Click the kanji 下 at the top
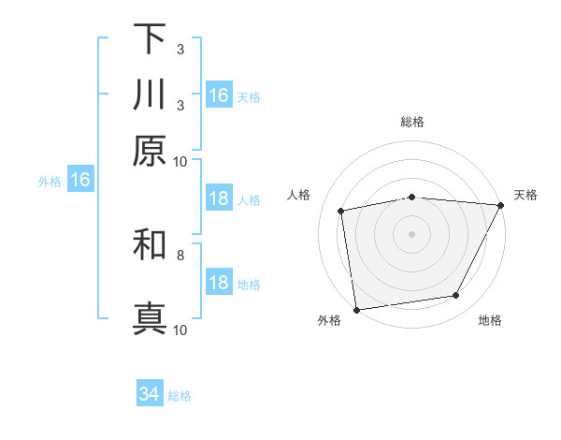pyautogui.click(x=150, y=38)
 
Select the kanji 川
pyautogui.click(x=150, y=95)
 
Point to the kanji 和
pyautogui.click(x=150, y=245)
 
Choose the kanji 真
pyautogui.click(x=150, y=316)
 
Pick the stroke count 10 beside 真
pyautogui.click(x=180, y=330)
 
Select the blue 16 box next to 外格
pyautogui.click(x=80, y=181)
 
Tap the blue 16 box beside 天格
pyautogui.click(x=219, y=95)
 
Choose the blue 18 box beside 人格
pyautogui.click(x=219, y=199)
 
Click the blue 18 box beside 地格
pyautogui.click(x=219, y=284)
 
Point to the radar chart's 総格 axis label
pyautogui.click(x=412, y=122)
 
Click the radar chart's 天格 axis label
pyautogui.click(x=525, y=195)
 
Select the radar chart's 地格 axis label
pyautogui.click(x=490, y=320)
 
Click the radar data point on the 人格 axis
pyautogui.click(x=341, y=211)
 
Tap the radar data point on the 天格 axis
pyautogui.click(x=501, y=205)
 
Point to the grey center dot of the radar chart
pyautogui.click(x=412, y=233)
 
